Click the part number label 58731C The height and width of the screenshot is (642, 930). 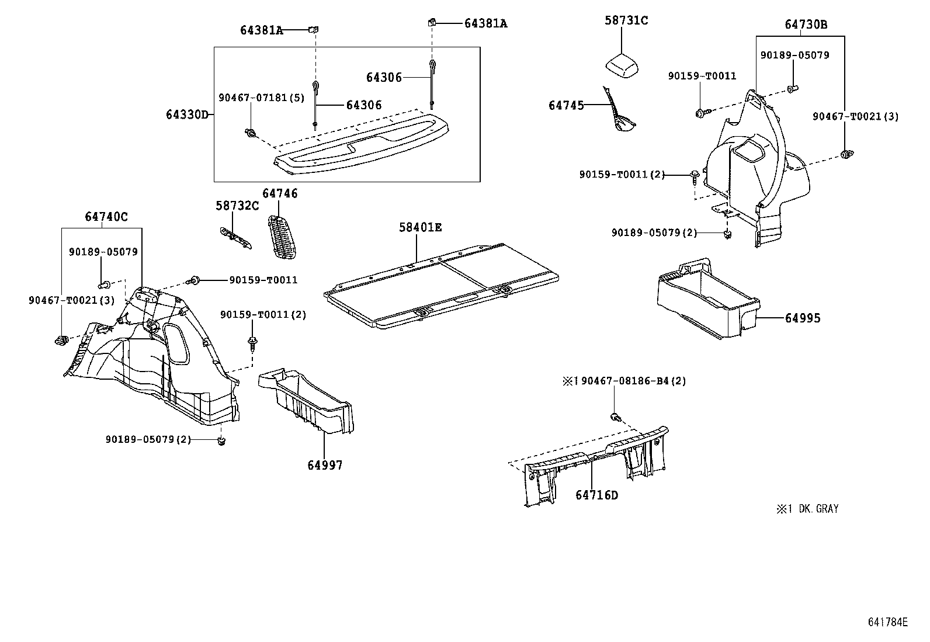pos(626,20)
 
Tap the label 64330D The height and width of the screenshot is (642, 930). pos(187,114)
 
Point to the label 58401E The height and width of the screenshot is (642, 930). pos(421,227)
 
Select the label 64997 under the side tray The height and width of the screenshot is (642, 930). pos(325,466)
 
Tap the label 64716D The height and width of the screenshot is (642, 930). pos(596,495)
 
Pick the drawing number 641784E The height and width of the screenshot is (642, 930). pos(887,622)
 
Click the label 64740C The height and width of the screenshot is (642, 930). pos(106,217)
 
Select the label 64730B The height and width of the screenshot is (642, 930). pos(806,25)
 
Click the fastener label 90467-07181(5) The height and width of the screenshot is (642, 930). pos(262,98)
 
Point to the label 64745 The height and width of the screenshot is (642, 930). pos(566,105)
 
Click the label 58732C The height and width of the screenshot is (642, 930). pos(237,206)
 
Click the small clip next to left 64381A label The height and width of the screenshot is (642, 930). pos(314,29)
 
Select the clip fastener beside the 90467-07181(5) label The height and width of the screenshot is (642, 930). pos(251,134)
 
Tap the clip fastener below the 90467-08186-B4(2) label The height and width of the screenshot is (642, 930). pos(615,417)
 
